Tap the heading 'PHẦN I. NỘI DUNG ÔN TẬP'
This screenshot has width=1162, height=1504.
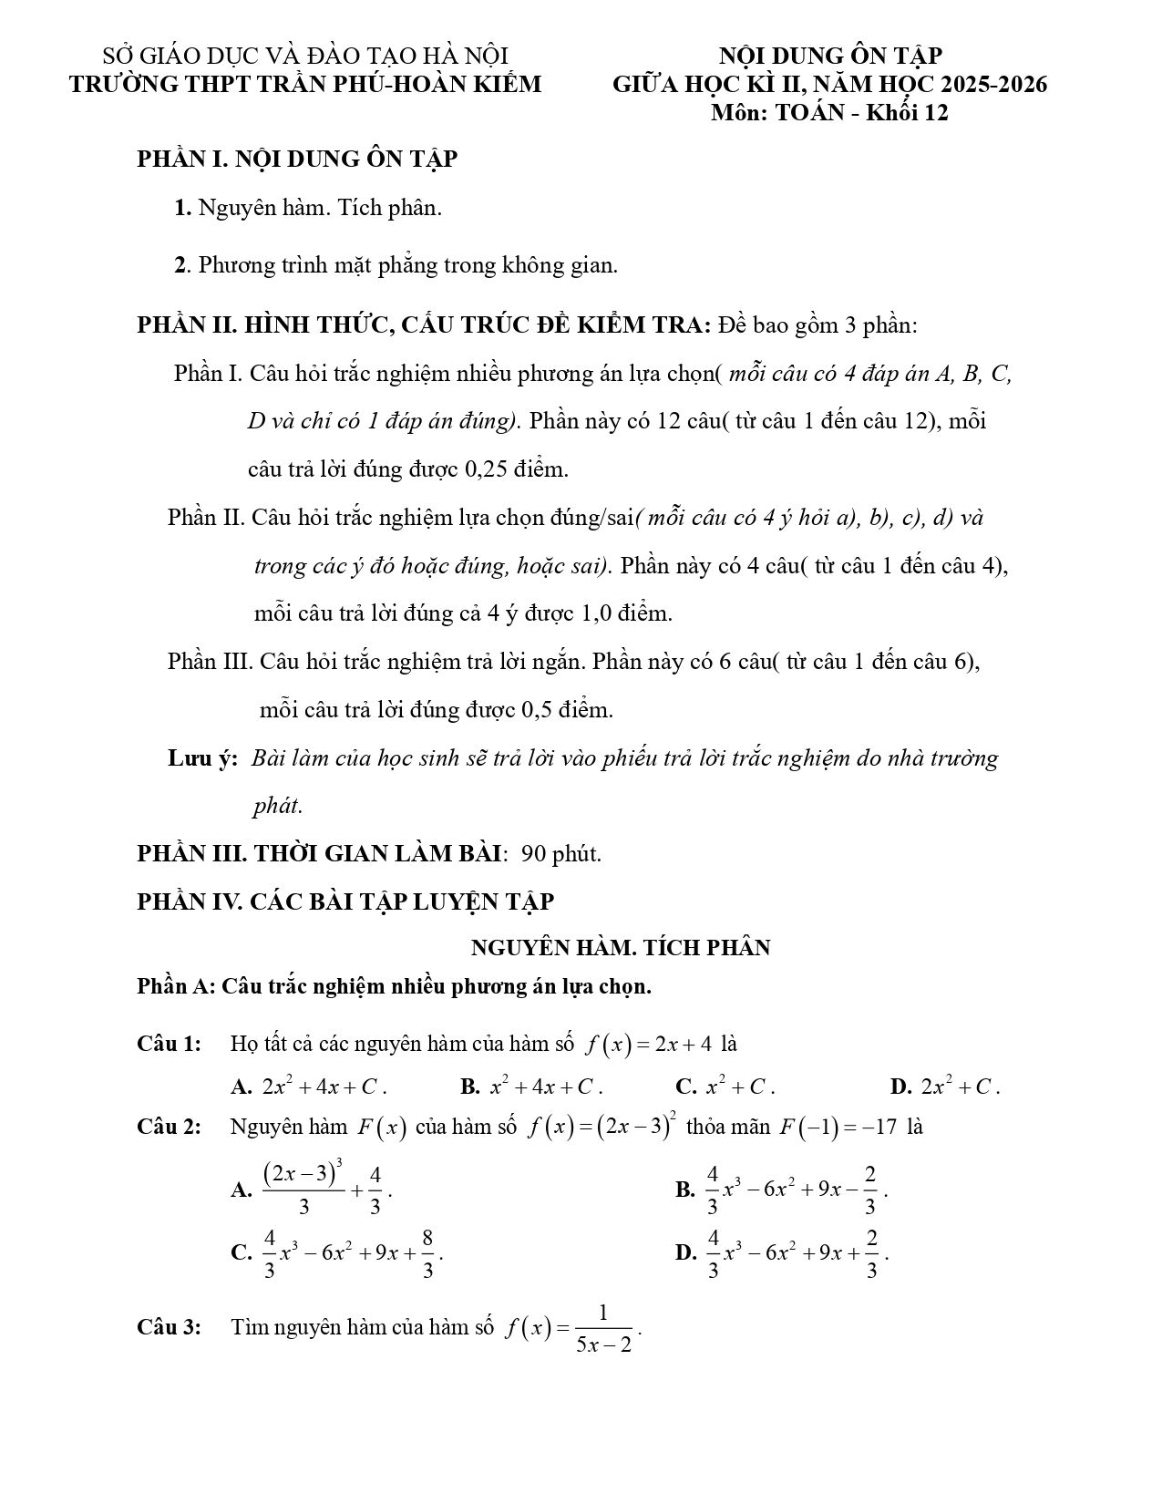click(x=297, y=159)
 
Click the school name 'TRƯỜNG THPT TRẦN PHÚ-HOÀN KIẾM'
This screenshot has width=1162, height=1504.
click(x=305, y=85)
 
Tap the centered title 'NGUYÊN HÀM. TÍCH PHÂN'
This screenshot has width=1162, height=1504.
click(x=620, y=948)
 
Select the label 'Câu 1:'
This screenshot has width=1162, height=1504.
click(x=169, y=1044)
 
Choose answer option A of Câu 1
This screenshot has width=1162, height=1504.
click(x=310, y=1087)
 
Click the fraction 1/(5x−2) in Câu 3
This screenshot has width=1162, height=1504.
click(x=604, y=1328)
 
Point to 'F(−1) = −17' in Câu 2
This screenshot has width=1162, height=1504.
click(x=838, y=1128)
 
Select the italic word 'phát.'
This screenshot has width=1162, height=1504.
click(x=277, y=807)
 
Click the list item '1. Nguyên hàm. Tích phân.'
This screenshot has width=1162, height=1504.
click(x=308, y=208)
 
